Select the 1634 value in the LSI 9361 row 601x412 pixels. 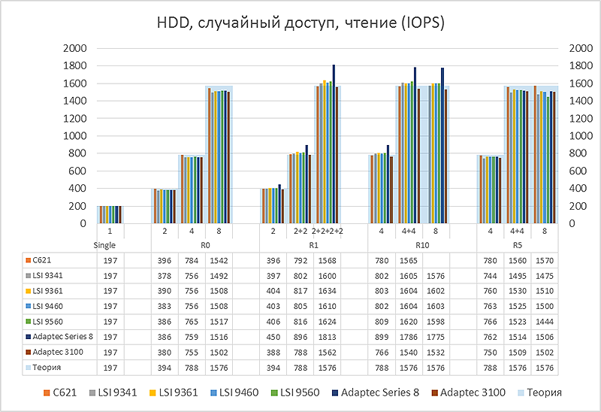(328, 290)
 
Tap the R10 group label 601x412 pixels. (409, 244)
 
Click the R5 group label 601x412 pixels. (517, 244)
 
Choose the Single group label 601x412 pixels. (110, 244)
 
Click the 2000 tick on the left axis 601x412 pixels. (77, 48)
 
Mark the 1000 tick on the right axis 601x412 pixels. (581, 136)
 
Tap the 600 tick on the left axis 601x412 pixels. (80, 171)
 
